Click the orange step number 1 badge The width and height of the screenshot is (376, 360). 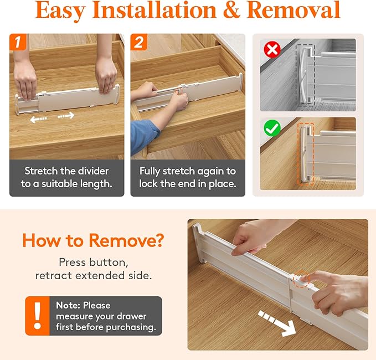click(x=18, y=43)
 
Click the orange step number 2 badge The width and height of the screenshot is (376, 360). click(x=139, y=43)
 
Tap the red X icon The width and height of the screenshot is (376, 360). click(x=271, y=50)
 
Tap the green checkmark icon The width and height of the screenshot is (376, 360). click(x=271, y=128)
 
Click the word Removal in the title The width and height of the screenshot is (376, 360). click(x=301, y=11)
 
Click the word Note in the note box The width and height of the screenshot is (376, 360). click(x=67, y=305)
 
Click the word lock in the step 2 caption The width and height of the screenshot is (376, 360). click(x=149, y=184)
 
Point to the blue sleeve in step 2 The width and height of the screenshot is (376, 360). click(x=143, y=136)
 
